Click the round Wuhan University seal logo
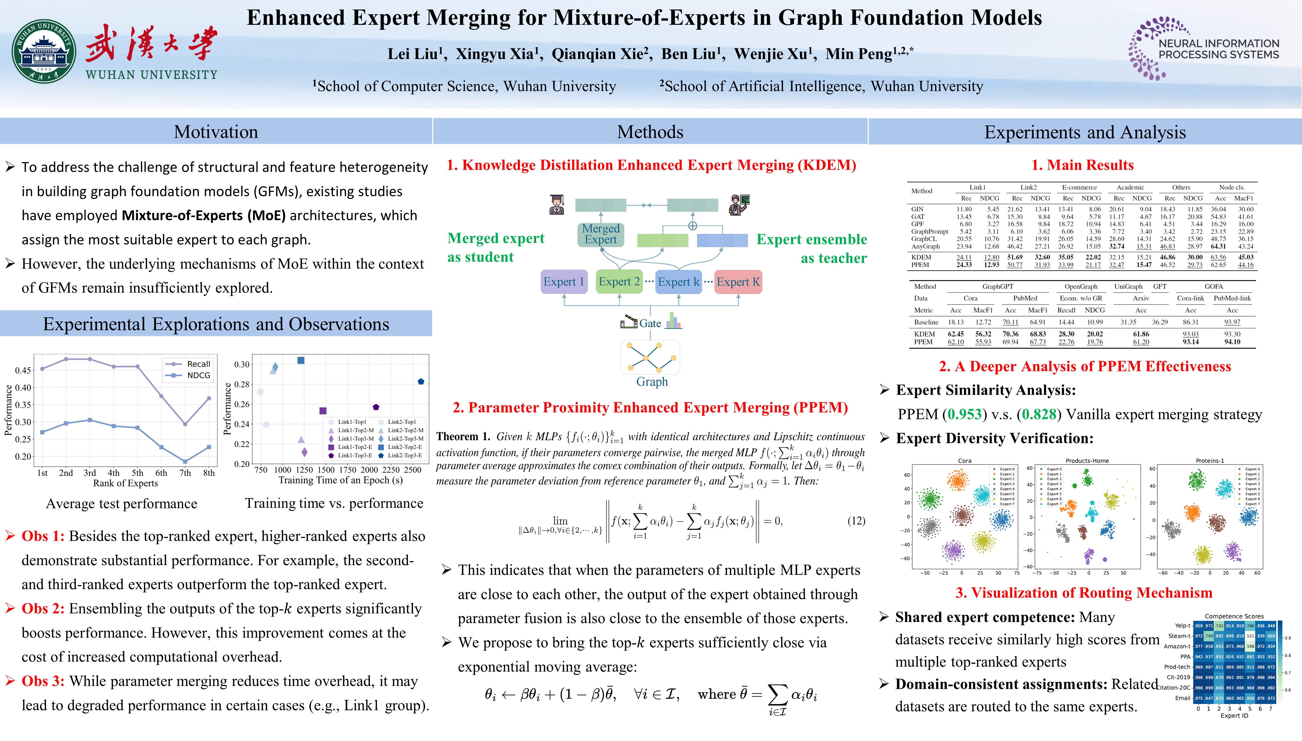tap(44, 51)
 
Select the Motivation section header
tap(216, 132)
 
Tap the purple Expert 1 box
tap(564, 281)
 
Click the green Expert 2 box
tap(619, 281)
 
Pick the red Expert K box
tap(738, 281)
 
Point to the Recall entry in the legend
tap(198, 364)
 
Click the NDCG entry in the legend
tap(198, 375)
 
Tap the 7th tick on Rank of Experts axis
tap(185, 473)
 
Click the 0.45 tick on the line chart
tap(23, 370)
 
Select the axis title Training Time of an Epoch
tap(340, 480)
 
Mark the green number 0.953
tap(964, 414)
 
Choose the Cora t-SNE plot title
tap(965, 461)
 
